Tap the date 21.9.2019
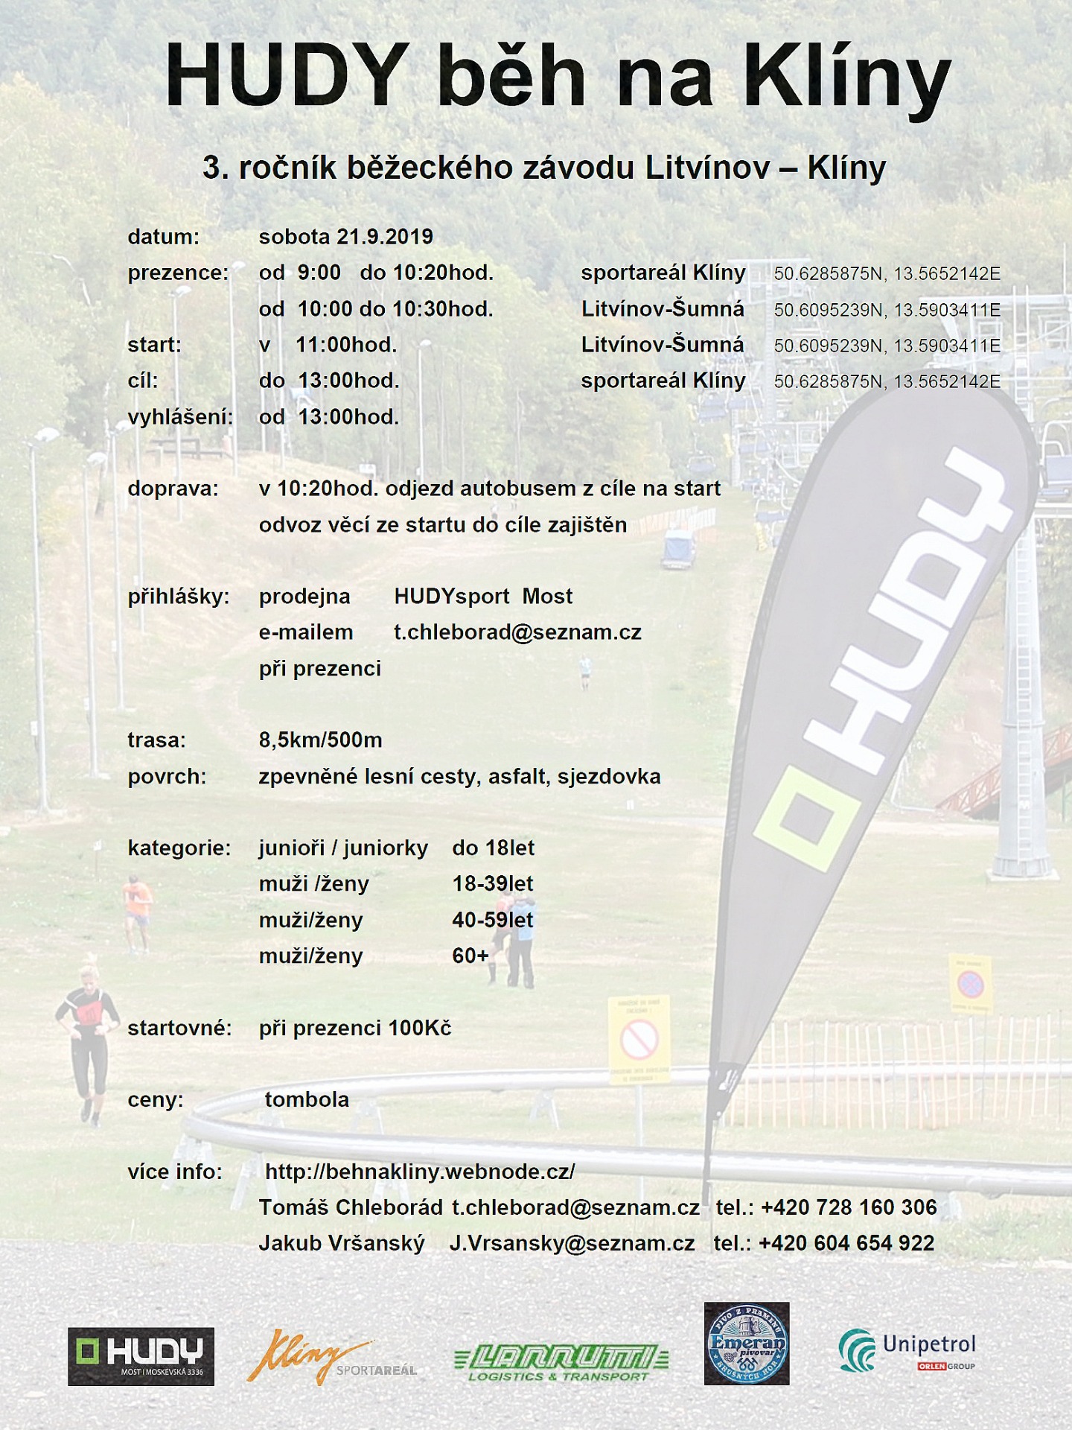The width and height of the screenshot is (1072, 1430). point(384,237)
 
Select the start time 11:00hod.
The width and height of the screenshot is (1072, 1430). point(346,345)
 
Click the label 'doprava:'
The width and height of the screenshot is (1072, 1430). point(173,489)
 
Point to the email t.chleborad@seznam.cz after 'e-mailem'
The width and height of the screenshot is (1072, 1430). point(517,632)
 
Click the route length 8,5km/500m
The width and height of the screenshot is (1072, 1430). point(320,740)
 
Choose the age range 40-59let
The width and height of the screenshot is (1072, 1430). point(493,920)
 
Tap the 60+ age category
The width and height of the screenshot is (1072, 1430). point(470,956)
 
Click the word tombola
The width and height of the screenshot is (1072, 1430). point(307,1099)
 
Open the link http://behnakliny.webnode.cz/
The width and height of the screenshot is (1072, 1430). point(420,1172)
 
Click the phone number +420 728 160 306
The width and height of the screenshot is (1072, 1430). point(849,1207)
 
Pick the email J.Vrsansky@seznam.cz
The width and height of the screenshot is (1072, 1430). point(572,1243)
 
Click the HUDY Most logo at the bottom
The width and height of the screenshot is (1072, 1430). point(141,1356)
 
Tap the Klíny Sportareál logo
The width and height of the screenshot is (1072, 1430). point(331,1357)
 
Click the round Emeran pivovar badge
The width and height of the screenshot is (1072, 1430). point(747,1344)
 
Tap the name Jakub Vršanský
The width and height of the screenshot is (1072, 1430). point(342,1243)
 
